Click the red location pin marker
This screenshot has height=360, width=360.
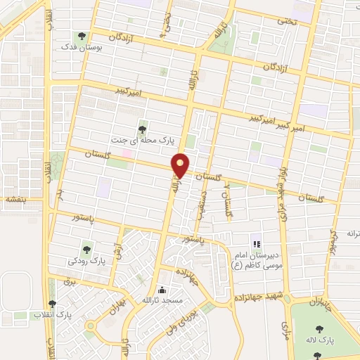pyautogui.click(x=181, y=166)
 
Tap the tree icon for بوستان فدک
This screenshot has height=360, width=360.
pyautogui.click(x=83, y=35)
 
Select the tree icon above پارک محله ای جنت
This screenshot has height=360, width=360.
pyautogui.click(x=143, y=128)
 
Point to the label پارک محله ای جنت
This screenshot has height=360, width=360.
pyautogui.click(x=144, y=139)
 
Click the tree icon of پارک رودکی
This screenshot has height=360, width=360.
pyautogui.click(x=87, y=247)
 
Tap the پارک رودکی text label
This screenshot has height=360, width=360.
pyautogui.click(x=87, y=260)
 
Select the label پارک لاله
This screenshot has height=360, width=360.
pyautogui.click(x=320, y=340)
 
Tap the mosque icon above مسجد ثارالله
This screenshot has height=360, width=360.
pyautogui.click(x=162, y=289)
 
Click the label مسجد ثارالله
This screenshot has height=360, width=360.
pyautogui.click(x=162, y=300)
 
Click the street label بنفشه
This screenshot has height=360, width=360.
pyautogui.click(x=15, y=200)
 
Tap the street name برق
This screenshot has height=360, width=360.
pyautogui.click(x=69, y=281)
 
